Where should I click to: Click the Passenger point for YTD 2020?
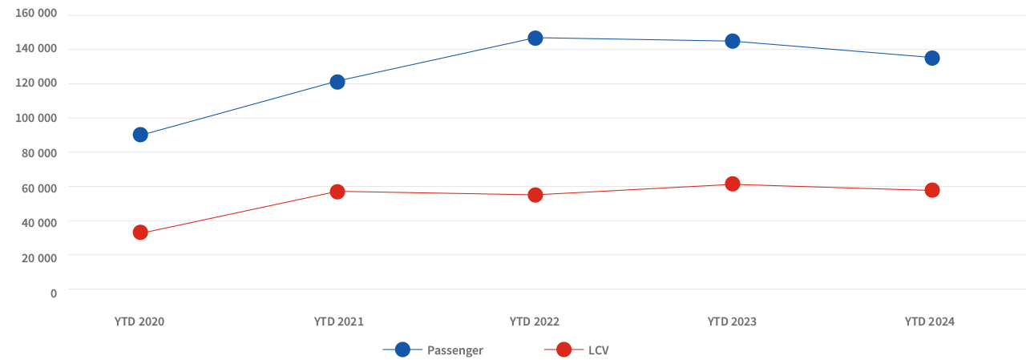(x=140, y=135)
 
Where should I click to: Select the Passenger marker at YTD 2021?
(x=337, y=82)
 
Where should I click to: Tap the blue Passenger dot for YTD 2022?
(x=535, y=38)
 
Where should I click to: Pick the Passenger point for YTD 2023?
(x=733, y=41)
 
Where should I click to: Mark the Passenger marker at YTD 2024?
(x=932, y=58)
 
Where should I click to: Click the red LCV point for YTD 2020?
(x=140, y=233)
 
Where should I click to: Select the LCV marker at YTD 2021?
(x=337, y=192)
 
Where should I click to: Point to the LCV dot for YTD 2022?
(x=535, y=195)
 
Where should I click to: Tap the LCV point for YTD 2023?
(x=733, y=184)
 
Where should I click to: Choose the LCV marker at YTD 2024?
(x=932, y=190)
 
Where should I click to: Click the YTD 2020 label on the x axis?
(x=139, y=322)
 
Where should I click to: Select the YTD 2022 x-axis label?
(x=535, y=322)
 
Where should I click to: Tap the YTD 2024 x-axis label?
(x=930, y=322)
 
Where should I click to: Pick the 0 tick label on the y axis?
(x=54, y=293)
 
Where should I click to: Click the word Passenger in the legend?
(x=455, y=350)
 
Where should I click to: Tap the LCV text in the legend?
(x=600, y=350)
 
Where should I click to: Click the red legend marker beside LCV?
(x=563, y=350)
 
